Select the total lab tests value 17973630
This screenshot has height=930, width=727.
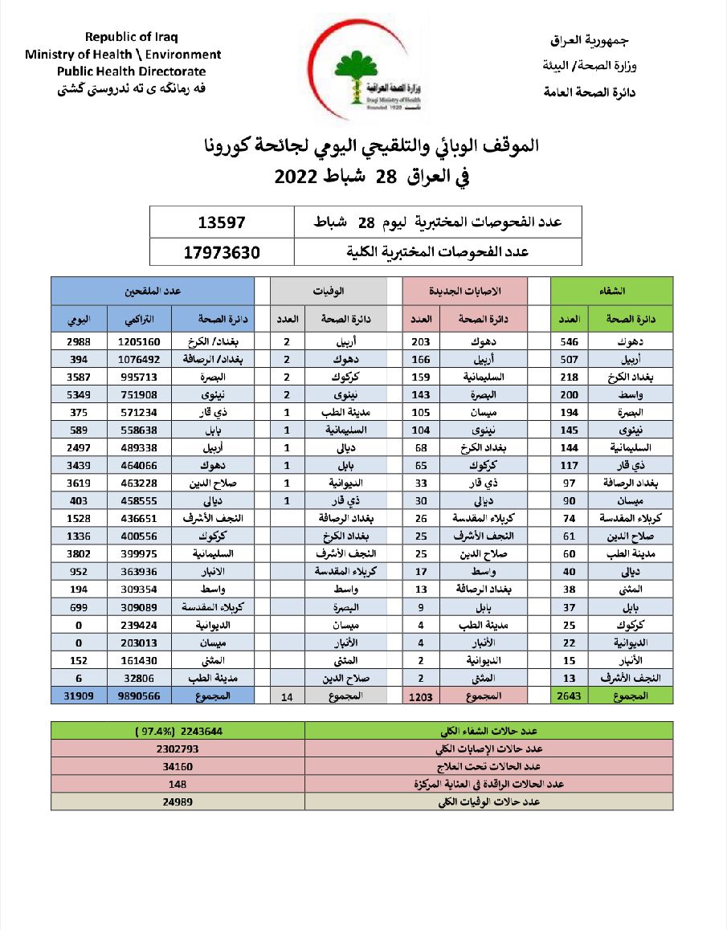coord(222,251)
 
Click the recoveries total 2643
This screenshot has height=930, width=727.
coord(569,696)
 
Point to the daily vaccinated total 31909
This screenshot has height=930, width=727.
coord(78,696)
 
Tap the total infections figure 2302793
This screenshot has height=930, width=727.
coord(178,748)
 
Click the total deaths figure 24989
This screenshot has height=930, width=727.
coord(178,802)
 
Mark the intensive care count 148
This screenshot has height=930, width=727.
coord(178,784)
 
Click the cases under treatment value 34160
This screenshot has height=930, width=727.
coord(178,766)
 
